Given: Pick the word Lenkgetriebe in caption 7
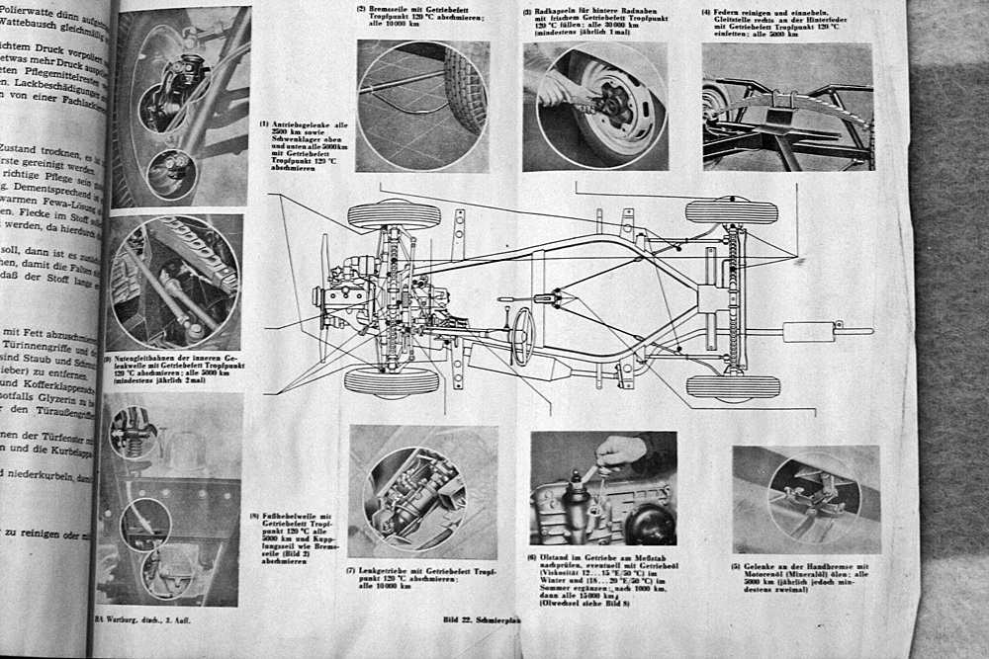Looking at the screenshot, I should (x=392, y=572).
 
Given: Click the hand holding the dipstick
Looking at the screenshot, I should (x=622, y=451).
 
